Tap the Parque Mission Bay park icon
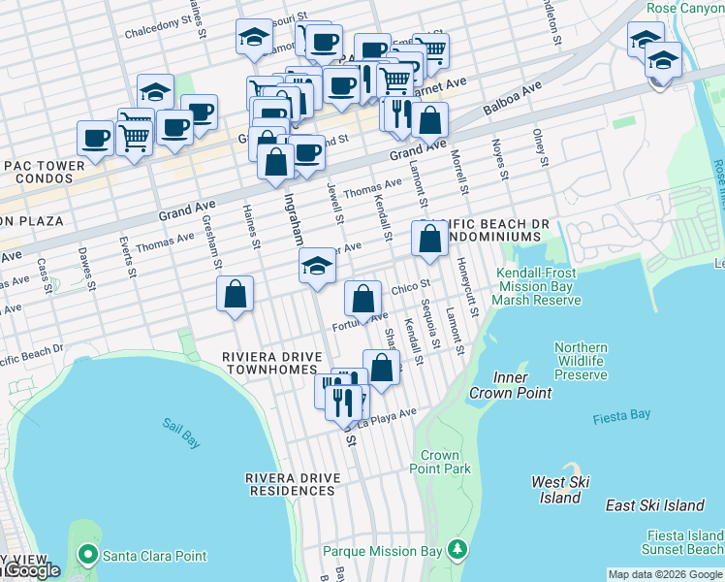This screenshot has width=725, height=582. [x=457, y=552]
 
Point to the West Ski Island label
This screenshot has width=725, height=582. [x=561, y=490]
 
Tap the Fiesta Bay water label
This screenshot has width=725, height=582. [x=621, y=415]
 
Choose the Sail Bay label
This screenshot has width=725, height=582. [x=181, y=434]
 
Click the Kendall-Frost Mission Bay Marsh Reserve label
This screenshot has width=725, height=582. [x=538, y=287]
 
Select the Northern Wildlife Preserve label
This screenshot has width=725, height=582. [x=581, y=361]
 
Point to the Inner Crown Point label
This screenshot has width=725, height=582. [x=510, y=385]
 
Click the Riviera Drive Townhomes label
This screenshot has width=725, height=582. [x=269, y=363]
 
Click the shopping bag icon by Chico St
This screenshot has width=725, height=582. [x=362, y=299]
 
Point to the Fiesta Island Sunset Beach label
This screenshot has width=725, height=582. [x=685, y=542]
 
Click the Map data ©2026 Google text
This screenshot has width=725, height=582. [x=665, y=574]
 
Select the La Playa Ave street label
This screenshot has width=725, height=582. [x=387, y=417]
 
